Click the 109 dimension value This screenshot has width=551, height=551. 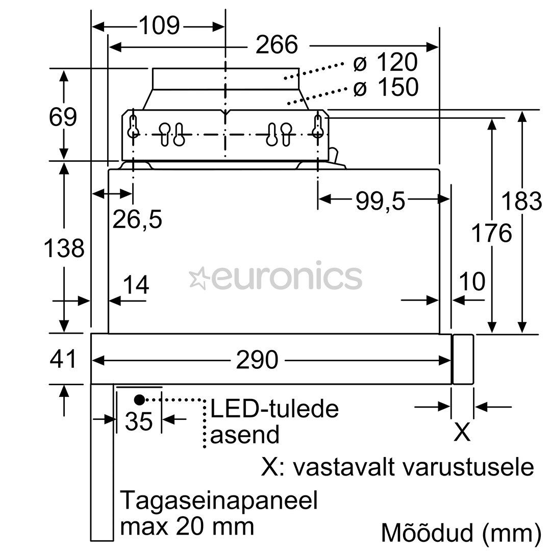(x=160, y=26)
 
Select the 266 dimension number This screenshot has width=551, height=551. (x=277, y=44)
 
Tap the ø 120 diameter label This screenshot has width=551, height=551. (x=386, y=62)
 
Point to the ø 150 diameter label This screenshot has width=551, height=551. (x=386, y=87)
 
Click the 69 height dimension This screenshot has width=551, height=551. (x=63, y=117)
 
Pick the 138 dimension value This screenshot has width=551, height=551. (x=64, y=248)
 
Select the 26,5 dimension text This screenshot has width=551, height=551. (x=137, y=219)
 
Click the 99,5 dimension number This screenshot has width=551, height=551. (x=381, y=202)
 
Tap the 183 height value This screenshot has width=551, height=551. (x=521, y=201)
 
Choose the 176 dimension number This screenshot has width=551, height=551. (x=491, y=233)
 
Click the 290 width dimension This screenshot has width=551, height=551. (x=257, y=360)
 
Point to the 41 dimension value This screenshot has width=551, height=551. (x=63, y=359)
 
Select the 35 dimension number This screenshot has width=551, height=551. (x=139, y=421)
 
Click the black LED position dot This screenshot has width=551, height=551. (x=139, y=399)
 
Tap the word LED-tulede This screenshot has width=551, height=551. (x=274, y=409)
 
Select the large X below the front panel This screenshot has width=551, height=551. (x=462, y=432)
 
